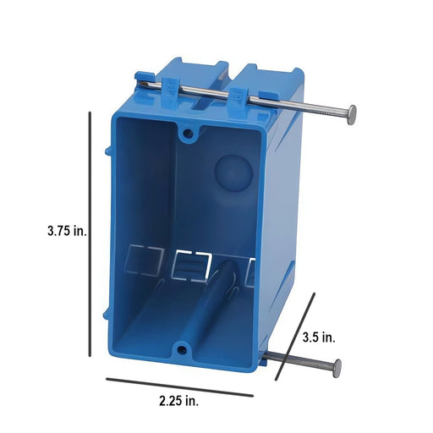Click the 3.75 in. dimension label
(x=67, y=231)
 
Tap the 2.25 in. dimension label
(x=179, y=401)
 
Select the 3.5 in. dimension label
(x=319, y=337)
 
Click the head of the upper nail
(x=352, y=115)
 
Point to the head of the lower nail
(x=337, y=368)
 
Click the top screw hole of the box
(x=188, y=134)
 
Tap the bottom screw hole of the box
(x=181, y=350)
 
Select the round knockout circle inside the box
(x=233, y=173)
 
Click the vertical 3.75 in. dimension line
(x=90, y=234)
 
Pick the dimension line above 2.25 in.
(x=179, y=387)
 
